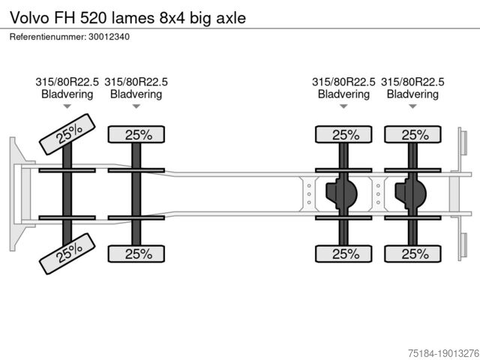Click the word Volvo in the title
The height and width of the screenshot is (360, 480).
click(x=29, y=18)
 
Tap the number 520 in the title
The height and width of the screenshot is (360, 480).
click(x=93, y=18)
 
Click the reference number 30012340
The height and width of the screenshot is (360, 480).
click(x=109, y=37)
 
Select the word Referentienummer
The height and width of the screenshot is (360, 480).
click(x=47, y=37)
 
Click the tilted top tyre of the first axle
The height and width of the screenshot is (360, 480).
click(x=67, y=134)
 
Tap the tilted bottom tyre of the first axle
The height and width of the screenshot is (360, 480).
click(x=67, y=253)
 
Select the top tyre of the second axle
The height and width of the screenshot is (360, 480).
click(x=136, y=134)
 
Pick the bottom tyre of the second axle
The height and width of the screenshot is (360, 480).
click(x=136, y=253)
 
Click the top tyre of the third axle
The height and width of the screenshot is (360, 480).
click(x=343, y=134)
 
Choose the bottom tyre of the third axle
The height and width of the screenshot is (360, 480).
click(x=343, y=253)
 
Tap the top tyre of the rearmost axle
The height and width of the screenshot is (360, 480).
click(x=413, y=134)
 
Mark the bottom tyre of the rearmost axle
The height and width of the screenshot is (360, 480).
click(x=413, y=253)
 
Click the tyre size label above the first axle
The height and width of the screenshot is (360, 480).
click(x=67, y=82)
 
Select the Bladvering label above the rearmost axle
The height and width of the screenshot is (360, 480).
click(x=413, y=94)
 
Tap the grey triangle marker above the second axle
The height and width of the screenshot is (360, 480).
click(x=136, y=106)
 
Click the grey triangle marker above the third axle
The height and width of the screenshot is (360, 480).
click(x=343, y=106)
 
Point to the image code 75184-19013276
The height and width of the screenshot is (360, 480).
click(x=444, y=352)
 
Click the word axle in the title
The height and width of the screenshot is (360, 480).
click(x=231, y=18)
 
